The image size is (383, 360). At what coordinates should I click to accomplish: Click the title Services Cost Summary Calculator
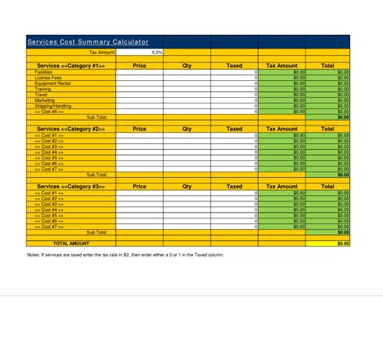(88, 41)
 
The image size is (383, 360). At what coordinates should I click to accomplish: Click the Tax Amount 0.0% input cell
(140, 52)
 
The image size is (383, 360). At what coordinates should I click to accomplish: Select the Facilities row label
(44, 72)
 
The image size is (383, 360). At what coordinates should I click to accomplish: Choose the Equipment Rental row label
(53, 83)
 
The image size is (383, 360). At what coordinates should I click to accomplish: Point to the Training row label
(43, 89)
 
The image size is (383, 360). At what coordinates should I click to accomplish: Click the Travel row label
(41, 95)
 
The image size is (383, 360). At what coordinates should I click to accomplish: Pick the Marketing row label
(44, 100)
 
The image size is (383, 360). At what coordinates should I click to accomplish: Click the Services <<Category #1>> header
(71, 66)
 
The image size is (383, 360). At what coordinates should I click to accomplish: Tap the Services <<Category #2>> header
(71, 129)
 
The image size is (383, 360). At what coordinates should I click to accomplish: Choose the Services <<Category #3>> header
(71, 186)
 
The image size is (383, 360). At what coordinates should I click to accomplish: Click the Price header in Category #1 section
(139, 66)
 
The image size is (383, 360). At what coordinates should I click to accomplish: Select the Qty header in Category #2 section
(187, 129)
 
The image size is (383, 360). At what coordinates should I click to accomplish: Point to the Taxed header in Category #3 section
(234, 186)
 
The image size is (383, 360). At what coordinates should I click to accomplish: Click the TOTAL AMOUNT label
(71, 243)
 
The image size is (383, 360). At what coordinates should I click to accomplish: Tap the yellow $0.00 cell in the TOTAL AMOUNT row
(328, 243)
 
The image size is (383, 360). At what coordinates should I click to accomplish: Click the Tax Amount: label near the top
(102, 52)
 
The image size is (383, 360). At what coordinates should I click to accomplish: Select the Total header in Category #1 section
(328, 66)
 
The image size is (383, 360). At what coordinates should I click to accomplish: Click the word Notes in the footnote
(34, 254)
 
